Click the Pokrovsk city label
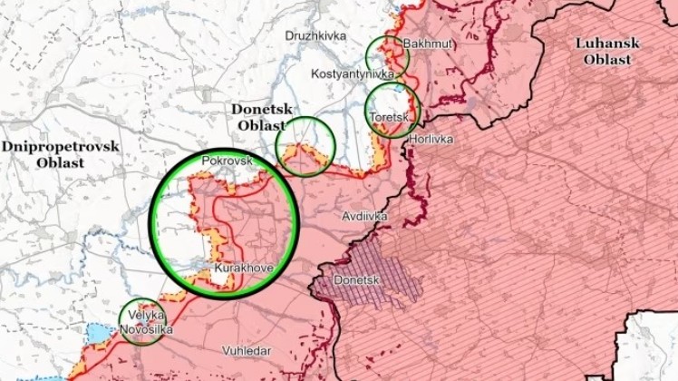227,160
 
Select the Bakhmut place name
429,44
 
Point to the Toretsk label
394,118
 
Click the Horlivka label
431,140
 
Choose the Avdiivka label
365,216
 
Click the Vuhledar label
247,349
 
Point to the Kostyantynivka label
353,73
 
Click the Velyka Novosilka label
145,322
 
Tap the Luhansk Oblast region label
607,51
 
